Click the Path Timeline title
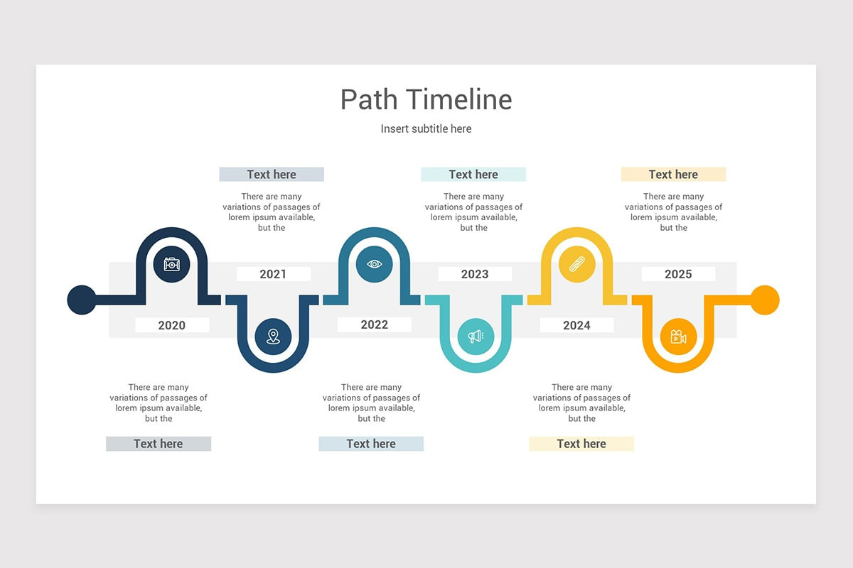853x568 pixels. [x=426, y=99]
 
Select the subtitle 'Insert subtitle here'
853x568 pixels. [x=426, y=129]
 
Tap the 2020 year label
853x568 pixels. [x=172, y=325]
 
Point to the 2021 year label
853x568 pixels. [x=273, y=274]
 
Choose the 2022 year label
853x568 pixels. [x=374, y=324]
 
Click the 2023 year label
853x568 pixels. [x=475, y=274]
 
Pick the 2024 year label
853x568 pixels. [x=576, y=325]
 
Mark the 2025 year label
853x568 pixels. [x=678, y=274]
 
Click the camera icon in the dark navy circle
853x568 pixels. [x=172, y=264]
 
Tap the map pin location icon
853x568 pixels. [x=273, y=336]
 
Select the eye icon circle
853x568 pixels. [x=375, y=264]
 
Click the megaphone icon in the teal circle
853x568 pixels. [x=476, y=336]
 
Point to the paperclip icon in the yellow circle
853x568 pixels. [x=576, y=265]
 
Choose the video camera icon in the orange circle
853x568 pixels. [x=678, y=336]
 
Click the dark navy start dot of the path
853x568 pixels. [x=81, y=300]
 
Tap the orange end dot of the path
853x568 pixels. [x=765, y=300]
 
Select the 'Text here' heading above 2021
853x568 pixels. [x=272, y=175]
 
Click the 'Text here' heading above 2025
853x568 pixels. [x=673, y=175]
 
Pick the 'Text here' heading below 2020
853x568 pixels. [x=159, y=444]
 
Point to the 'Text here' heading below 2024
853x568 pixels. [x=581, y=444]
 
